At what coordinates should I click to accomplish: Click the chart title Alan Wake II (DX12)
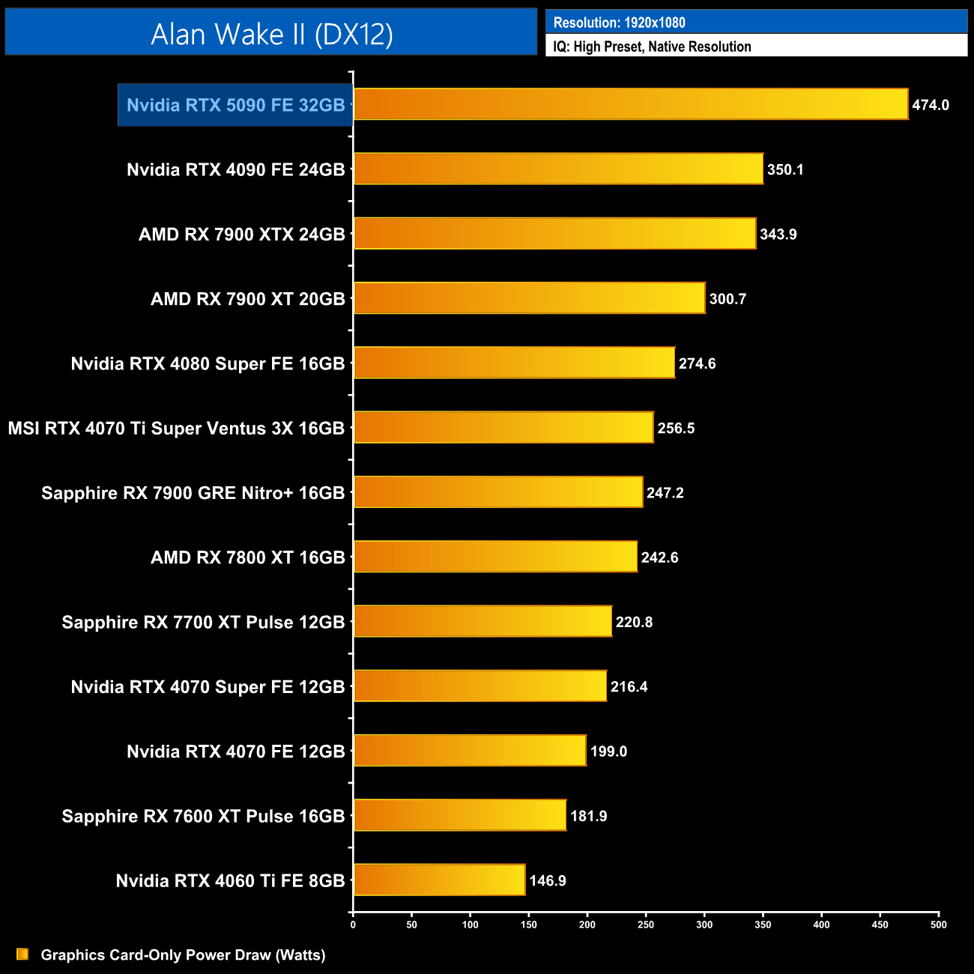(x=271, y=34)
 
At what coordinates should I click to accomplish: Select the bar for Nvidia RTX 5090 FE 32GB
(x=630, y=104)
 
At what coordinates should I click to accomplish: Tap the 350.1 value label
(x=784, y=169)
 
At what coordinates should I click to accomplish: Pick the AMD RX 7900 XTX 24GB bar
(x=554, y=234)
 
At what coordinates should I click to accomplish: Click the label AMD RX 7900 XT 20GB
(x=247, y=299)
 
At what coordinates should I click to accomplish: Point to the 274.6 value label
(x=697, y=363)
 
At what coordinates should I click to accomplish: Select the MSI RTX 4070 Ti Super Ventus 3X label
(x=176, y=428)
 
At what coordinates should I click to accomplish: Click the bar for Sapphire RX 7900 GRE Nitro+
(x=498, y=492)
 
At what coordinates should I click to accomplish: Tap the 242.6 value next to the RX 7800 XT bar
(x=659, y=557)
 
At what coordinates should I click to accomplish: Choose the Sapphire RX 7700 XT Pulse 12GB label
(x=203, y=622)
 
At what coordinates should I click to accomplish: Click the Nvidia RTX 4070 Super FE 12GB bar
(x=480, y=686)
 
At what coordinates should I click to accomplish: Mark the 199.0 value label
(x=608, y=751)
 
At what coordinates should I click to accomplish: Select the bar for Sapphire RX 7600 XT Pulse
(x=460, y=815)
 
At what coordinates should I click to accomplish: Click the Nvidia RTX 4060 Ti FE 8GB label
(x=230, y=880)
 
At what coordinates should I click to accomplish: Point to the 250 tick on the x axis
(x=646, y=925)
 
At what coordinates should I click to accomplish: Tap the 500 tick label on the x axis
(x=938, y=925)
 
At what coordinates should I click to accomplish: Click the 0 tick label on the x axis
(x=353, y=925)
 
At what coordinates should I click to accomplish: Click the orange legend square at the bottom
(x=22, y=954)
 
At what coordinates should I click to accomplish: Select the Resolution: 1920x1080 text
(x=619, y=22)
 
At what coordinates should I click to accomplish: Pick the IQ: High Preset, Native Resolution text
(x=652, y=46)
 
